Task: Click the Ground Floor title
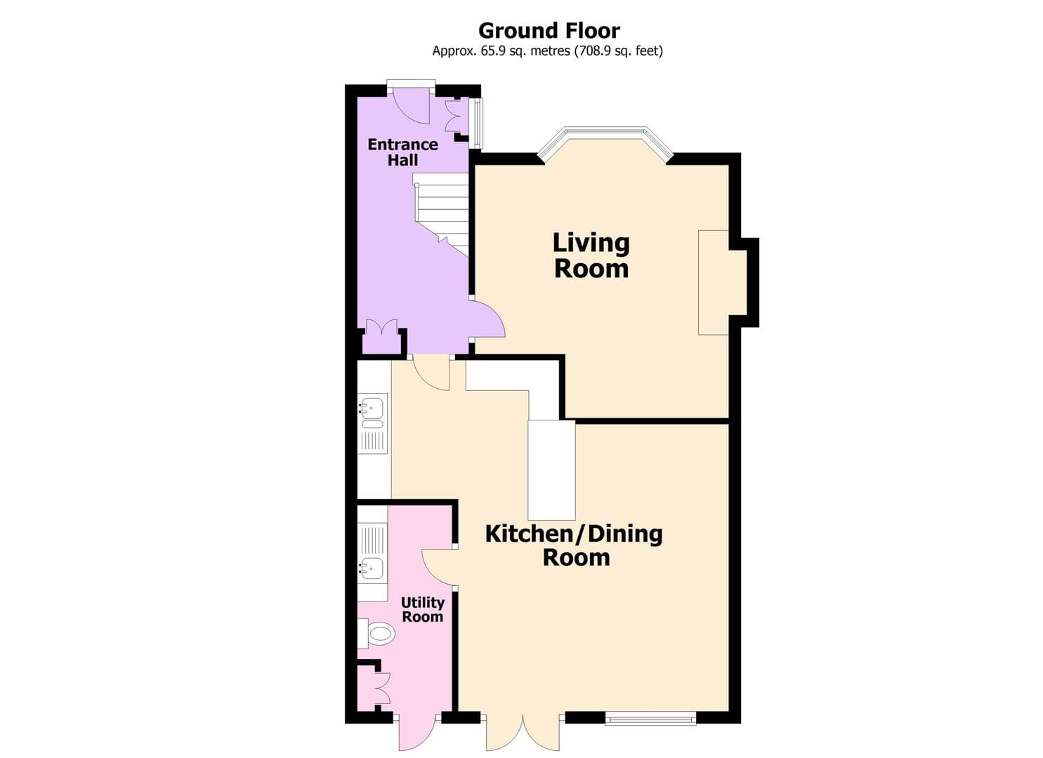coord(549,31)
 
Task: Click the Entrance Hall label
coord(402,152)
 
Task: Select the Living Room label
coord(591,255)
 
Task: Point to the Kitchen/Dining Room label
coord(574,545)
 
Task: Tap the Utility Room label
coord(422,609)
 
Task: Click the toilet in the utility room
coord(377,634)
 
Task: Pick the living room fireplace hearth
coord(713,282)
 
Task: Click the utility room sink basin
coord(372,567)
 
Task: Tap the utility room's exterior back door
coord(417,733)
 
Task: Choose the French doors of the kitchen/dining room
coord(522,734)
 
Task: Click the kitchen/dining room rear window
coord(650,717)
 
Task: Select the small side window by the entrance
coord(477,123)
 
